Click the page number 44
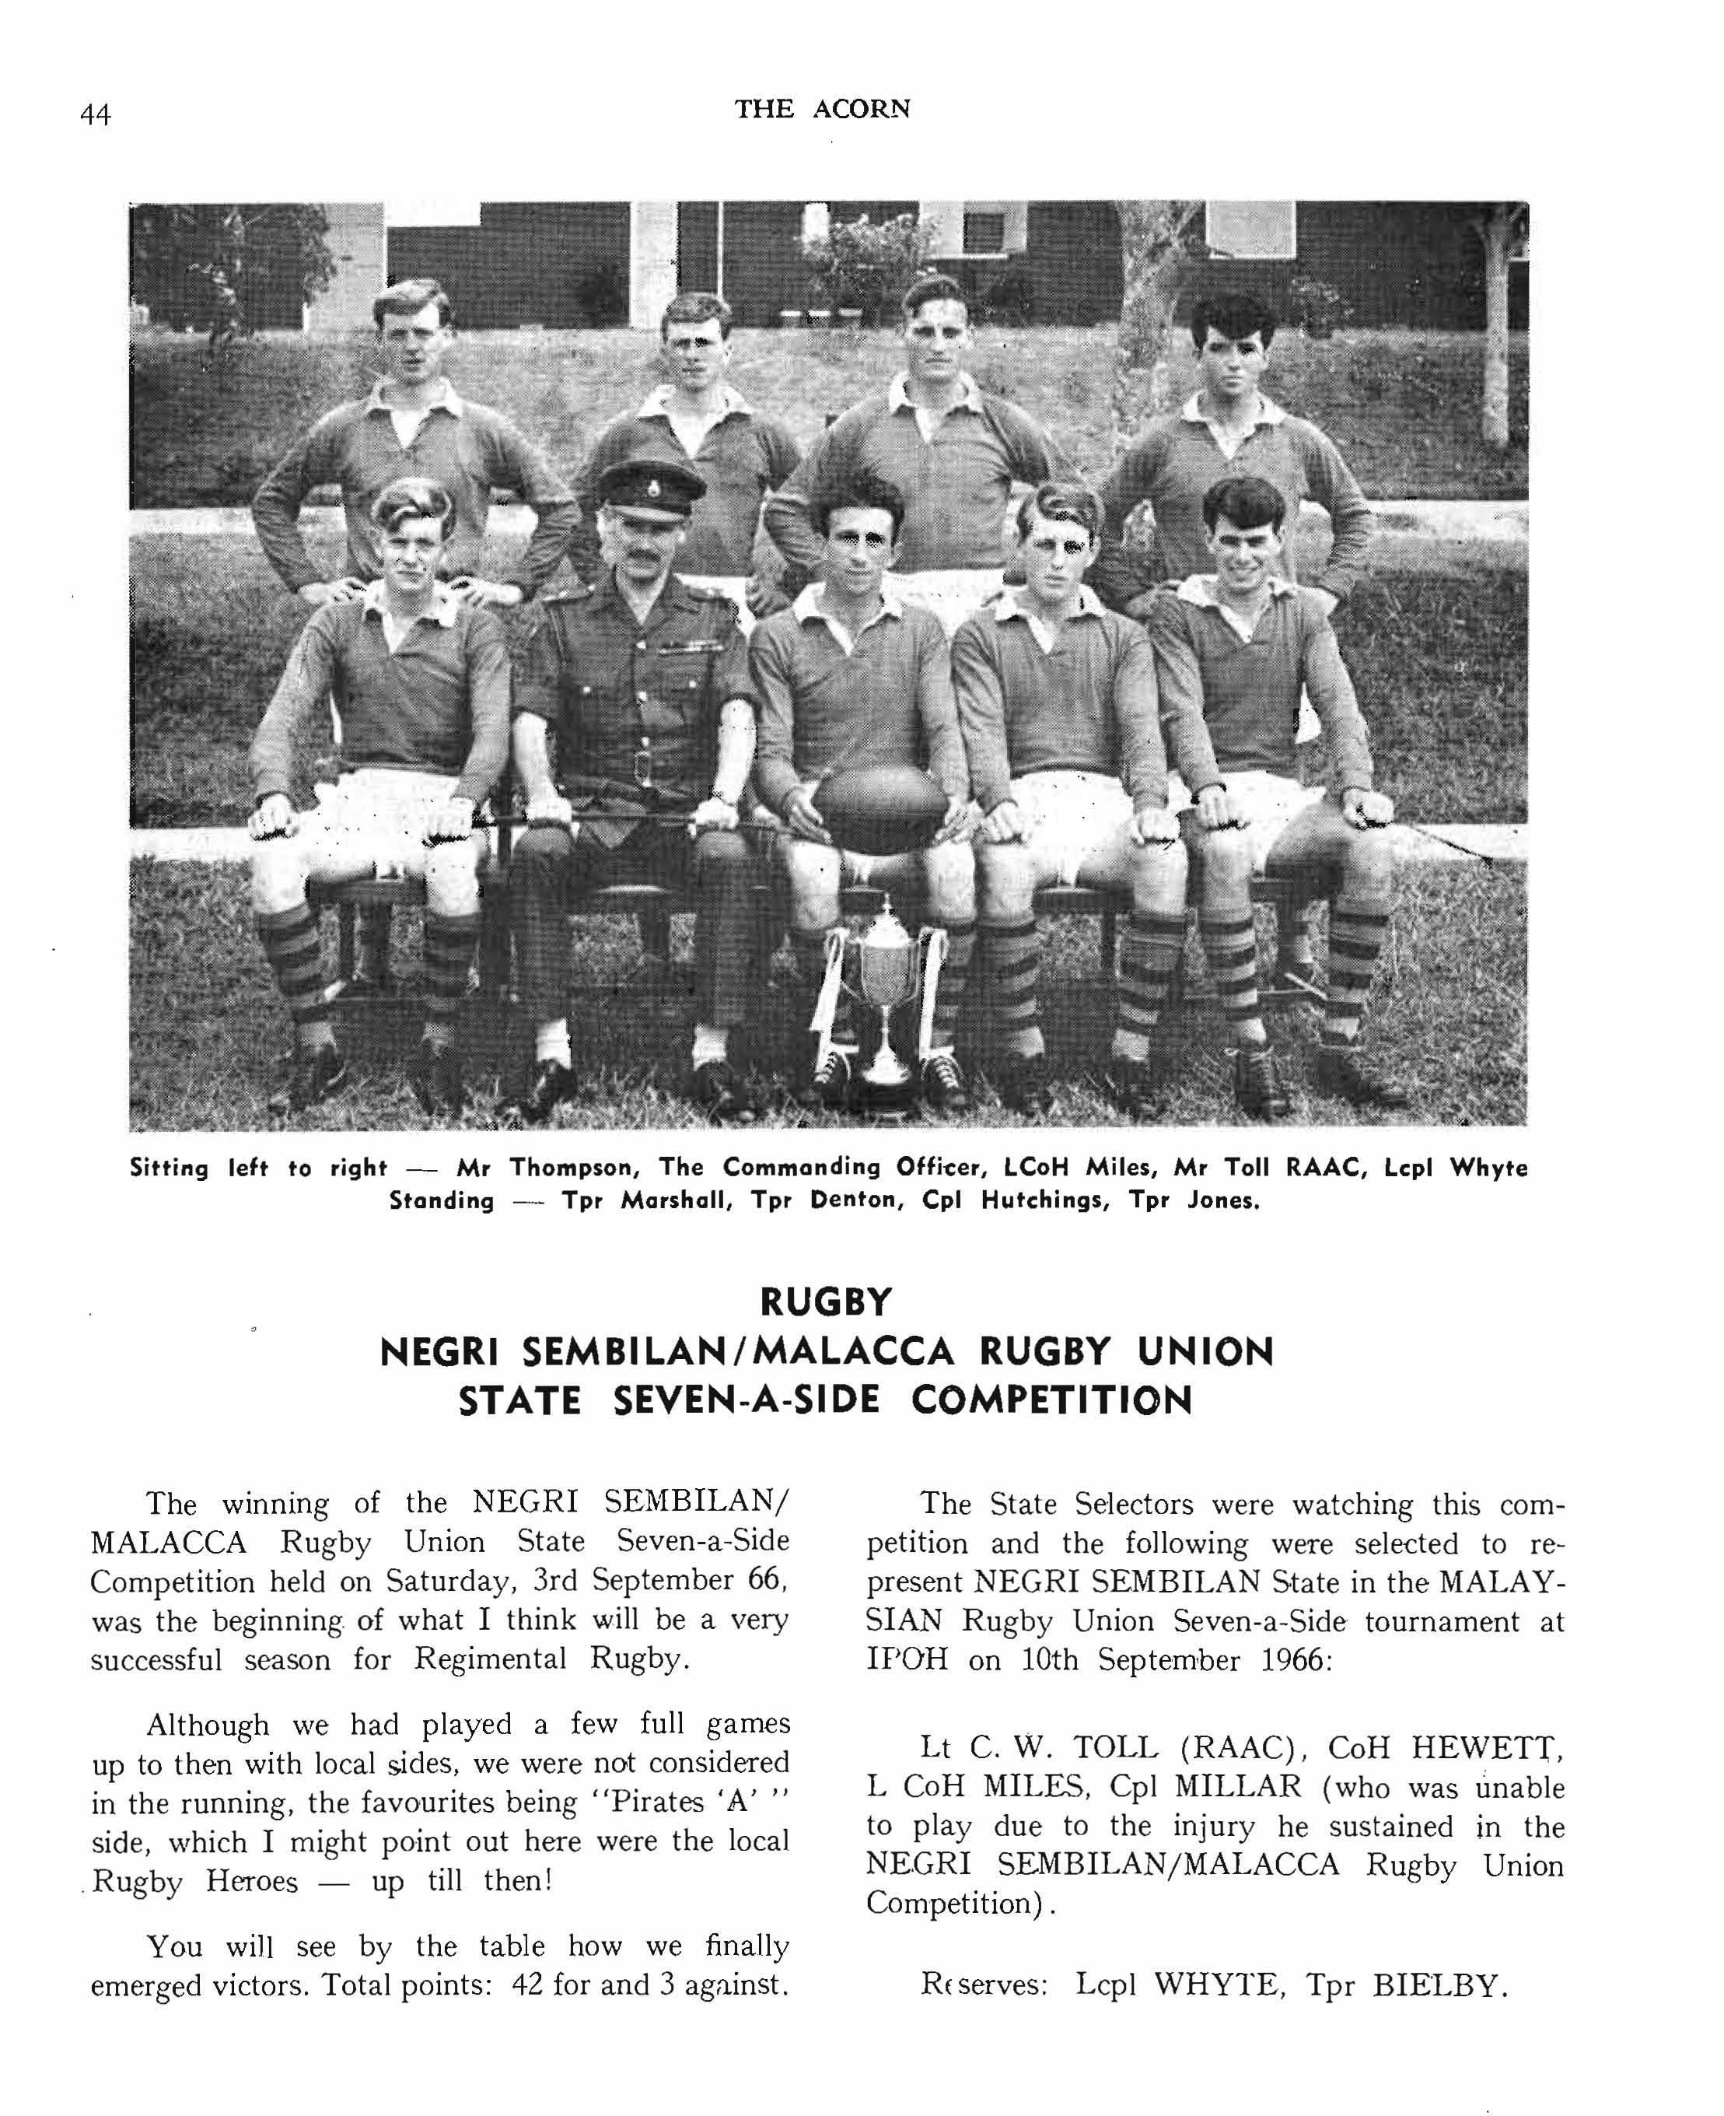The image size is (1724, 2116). click(x=96, y=115)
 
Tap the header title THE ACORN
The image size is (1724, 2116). click(x=821, y=108)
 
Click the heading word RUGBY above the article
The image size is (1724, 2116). click(x=825, y=1301)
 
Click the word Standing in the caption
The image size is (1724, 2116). click(x=441, y=1200)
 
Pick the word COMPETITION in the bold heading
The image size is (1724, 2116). click(x=1051, y=1401)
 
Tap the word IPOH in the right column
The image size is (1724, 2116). click(x=907, y=1660)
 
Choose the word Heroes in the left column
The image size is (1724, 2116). click(x=251, y=1882)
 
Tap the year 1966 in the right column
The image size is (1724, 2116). click(x=1295, y=1660)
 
